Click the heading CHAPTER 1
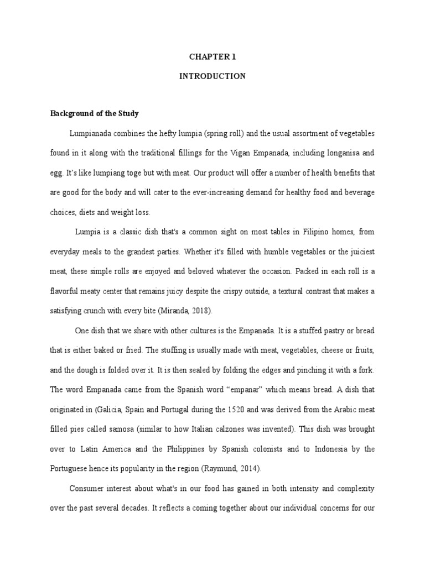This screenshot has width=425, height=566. pyautogui.click(x=212, y=56)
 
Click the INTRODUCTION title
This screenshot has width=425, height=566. pyautogui.click(x=212, y=76)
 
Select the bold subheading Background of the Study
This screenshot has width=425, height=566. pyautogui.click(x=94, y=114)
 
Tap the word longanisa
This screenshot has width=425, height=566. pyautogui.click(x=336, y=153)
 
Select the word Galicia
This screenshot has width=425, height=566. pyautogui.click(x=112, y=410)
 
